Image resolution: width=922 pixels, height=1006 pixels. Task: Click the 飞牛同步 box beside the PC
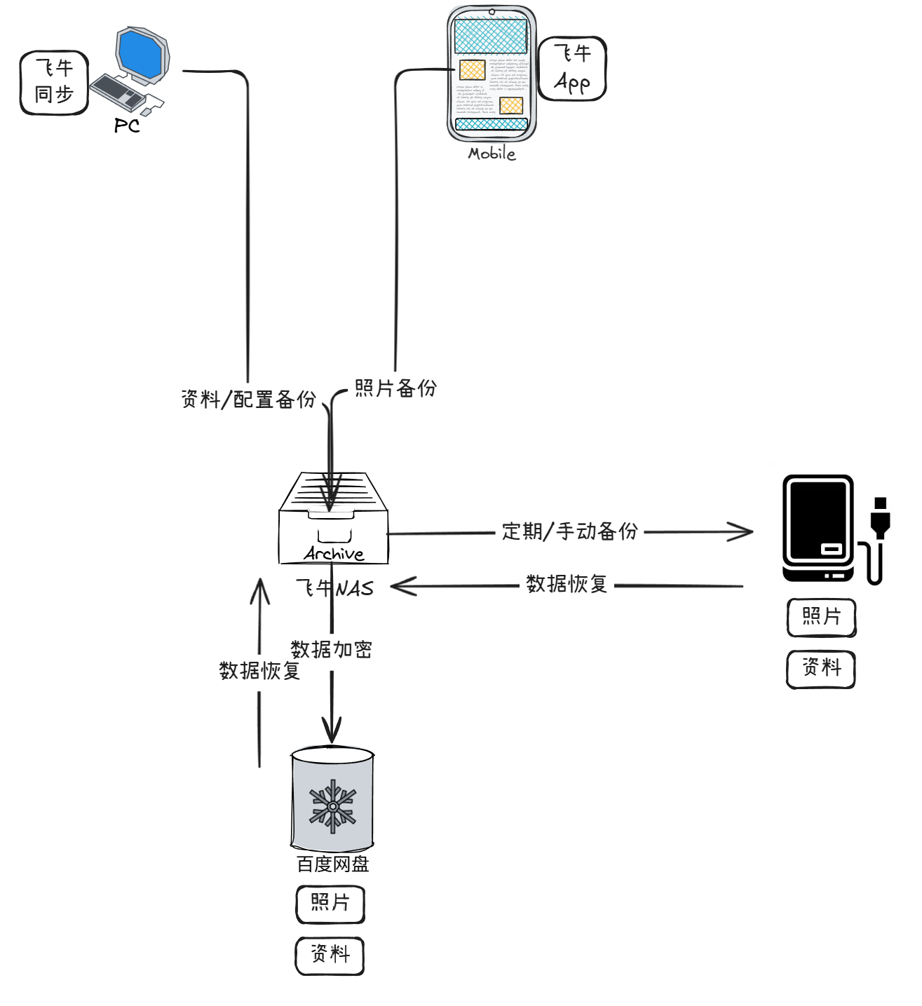click(54, 82)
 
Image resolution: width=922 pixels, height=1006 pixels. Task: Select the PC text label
click(127, 125)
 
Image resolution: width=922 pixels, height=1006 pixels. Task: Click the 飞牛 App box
click(572, 69)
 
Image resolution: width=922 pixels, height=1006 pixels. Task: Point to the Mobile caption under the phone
click(491, 154)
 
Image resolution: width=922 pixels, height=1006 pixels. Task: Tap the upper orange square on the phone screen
click(472, 69)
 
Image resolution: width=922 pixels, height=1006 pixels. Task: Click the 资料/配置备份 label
click(248, 400)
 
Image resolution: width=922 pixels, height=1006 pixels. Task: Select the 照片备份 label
click(395, 388)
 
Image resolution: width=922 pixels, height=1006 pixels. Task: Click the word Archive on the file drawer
click(334, 554)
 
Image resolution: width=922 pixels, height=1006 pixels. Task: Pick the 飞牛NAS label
click(334, 588)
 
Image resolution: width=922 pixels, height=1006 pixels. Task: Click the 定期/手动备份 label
click(569, 531)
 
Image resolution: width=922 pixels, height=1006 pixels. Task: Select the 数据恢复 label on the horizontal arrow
click(567, 584)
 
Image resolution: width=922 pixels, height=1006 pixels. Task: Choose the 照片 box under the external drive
click(821, 617)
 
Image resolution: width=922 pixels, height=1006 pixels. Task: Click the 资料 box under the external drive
click(821, 668)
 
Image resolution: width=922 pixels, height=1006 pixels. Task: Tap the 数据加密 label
click(331, 650)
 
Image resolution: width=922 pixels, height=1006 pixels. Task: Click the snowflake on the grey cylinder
click(333, 806)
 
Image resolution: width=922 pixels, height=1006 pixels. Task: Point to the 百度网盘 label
click(333, 864)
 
